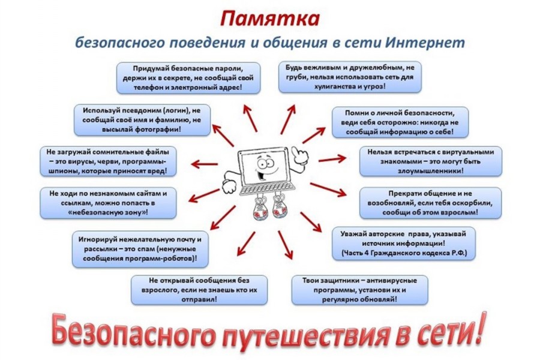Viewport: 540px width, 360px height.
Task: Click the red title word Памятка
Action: click(270, 19)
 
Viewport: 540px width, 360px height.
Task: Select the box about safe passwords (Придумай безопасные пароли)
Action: click(188, 78)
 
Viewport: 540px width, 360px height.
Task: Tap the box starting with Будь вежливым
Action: click(350, 77)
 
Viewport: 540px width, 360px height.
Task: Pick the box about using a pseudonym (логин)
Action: click(142, 120)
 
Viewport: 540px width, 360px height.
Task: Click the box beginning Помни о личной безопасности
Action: click(400, 122)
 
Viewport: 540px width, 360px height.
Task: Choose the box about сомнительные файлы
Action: click(108, 161)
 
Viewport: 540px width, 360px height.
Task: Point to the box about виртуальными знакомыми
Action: click(430, 161)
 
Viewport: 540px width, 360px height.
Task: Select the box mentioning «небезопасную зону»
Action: click(108, 203)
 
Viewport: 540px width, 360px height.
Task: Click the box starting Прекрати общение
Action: click(430, 203)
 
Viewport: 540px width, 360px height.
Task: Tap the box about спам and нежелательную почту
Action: click(140, 249)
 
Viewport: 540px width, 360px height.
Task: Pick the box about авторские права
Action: click(404, 244)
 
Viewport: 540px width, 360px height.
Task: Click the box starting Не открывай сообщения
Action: click(199, 290)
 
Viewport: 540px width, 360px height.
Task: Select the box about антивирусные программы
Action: click(360, 290)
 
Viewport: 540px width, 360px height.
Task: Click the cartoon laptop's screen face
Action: click(263, 167)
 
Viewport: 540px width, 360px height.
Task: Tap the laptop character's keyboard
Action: click(268, 188)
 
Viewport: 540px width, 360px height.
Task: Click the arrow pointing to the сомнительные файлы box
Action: click(204, 164)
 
